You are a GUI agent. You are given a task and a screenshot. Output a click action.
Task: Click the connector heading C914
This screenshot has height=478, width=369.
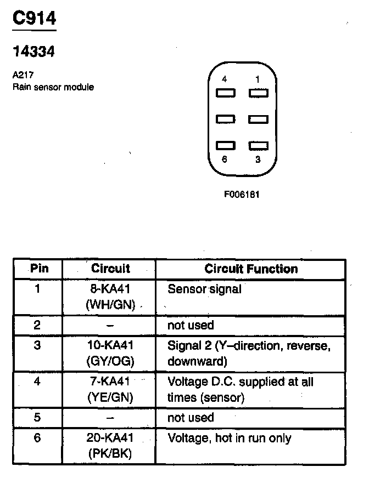[x=34, y=19]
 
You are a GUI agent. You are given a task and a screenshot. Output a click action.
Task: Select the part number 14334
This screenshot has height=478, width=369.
[x=33, y=52]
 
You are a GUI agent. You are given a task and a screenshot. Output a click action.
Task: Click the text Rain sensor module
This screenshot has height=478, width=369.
[x=53, y=87]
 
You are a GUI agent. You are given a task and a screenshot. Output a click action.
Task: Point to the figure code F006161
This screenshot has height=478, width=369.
[x=241, y=194]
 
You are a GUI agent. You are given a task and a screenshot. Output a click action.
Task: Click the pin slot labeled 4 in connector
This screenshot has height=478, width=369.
[x=226, y=93]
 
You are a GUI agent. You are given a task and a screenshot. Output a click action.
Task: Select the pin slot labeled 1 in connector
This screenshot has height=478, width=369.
[x=258, y=93]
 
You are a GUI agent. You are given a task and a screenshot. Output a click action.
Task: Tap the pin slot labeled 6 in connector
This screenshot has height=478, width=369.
[x=226, y=146]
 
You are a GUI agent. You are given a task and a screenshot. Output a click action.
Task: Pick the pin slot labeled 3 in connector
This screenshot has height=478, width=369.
[x=258, y=146]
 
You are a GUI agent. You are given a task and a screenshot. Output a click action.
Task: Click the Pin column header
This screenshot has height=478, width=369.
[x=39, y=269]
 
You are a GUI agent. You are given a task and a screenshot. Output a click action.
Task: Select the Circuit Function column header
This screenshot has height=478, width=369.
[x=251, y=269]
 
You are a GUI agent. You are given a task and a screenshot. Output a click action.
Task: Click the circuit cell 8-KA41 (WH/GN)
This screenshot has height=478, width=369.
[x=110, y=297]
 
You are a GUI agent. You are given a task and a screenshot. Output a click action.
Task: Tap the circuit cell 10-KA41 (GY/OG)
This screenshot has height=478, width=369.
[x=110, y=353]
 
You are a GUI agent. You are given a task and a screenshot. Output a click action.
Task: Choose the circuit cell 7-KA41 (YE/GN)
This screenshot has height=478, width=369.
[x=110, y=390]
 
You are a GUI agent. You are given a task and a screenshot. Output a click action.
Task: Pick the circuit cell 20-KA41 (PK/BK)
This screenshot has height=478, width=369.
[x=110, y=446]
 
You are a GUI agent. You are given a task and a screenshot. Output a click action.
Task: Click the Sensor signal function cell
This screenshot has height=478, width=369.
[x=204, y=289]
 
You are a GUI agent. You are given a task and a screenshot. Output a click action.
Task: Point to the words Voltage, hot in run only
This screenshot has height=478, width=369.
[x=229, y=438]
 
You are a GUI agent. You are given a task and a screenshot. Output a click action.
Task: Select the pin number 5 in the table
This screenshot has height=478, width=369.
[x=37, y=417]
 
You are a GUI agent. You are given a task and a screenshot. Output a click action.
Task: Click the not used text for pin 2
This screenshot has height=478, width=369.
[x=190, y=325]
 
